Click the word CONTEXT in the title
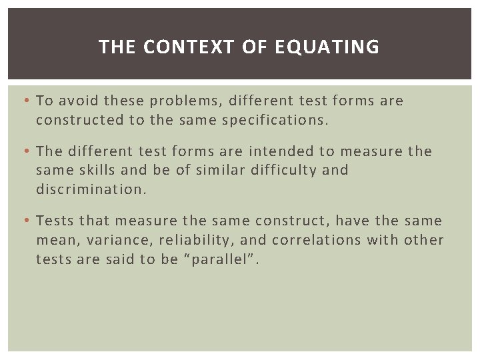click(x=175, y=47)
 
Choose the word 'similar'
click(x=221, y=169)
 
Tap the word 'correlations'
click(x=310, y=239)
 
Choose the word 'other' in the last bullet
click(x=425, y=239)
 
